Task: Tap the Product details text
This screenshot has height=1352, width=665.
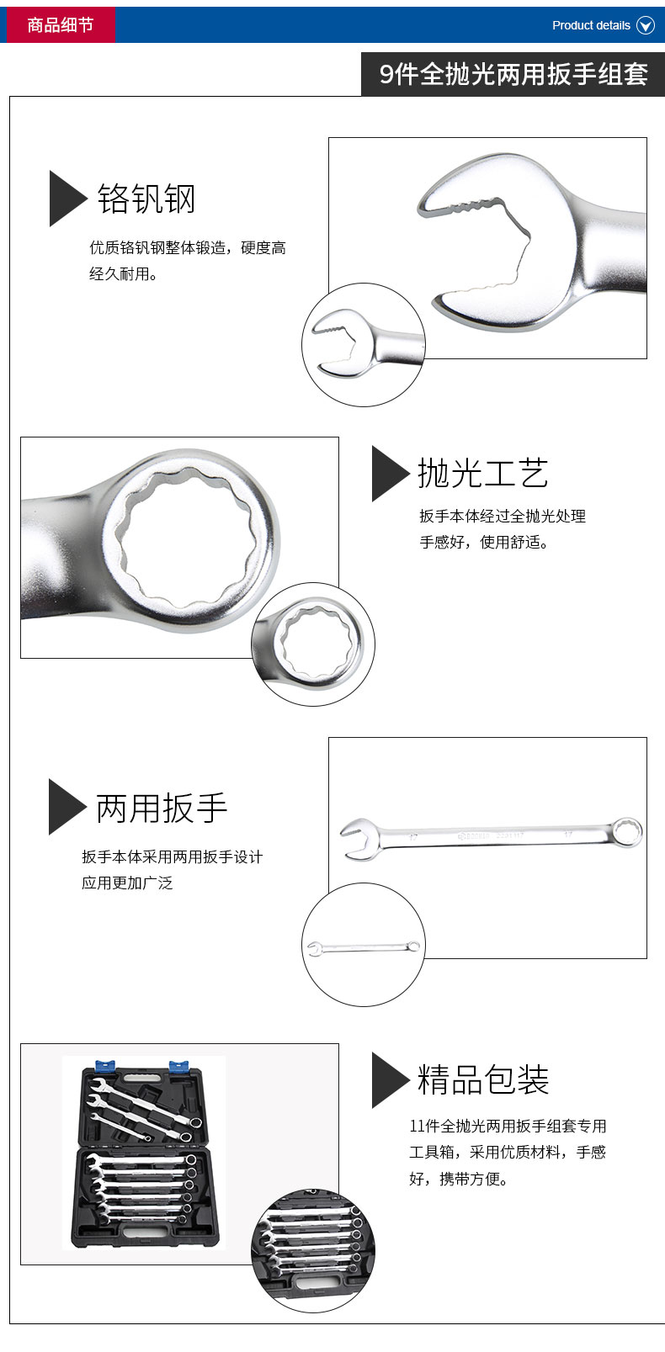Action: (x=591, y=25)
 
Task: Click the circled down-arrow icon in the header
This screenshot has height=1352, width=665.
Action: (x=646, y=25)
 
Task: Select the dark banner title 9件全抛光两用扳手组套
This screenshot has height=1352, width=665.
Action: (x=513, y=74)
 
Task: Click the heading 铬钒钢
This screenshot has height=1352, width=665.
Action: (x=146, y=199)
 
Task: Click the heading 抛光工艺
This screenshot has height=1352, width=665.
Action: (x=483, y=473)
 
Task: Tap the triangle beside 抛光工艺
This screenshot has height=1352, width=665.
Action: (x=388, y=473)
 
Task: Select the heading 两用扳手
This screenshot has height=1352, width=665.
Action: (x=162, y=808)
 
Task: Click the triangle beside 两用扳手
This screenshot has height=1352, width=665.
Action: (x=65, y=807)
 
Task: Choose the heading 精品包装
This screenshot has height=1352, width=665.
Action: (x=483, y=1079)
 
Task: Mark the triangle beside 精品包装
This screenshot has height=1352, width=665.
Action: (x=388, y=1080)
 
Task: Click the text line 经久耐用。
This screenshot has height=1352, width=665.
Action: (x=123, y=274)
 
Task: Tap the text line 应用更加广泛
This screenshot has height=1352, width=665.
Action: (x=127, y=883)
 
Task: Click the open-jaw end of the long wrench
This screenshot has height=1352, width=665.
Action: (x=360, y=838)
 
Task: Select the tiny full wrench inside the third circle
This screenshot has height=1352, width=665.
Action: (x=364, y=947)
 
